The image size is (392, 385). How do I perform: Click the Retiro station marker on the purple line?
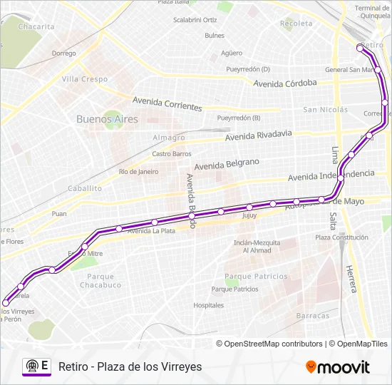(359, 47)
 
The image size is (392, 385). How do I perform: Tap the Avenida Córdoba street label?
(285, 83)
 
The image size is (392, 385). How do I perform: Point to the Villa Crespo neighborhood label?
(84, 79)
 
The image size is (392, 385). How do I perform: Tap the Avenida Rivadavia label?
(258, 134)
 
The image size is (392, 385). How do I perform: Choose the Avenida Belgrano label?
(227, 164)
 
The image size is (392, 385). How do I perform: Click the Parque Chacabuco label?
(96, 281)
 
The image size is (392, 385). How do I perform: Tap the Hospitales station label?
(208, 304)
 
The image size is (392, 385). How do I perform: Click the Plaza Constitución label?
(341, 237)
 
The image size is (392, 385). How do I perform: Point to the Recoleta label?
(296, 24)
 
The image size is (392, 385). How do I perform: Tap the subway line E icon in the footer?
(36, 366)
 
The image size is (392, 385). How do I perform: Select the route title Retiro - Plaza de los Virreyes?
(130, 366)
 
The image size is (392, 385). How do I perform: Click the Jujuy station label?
(249, 215)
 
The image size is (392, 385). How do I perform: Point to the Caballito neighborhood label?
(84, 188)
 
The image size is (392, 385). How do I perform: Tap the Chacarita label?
(36, 26)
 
